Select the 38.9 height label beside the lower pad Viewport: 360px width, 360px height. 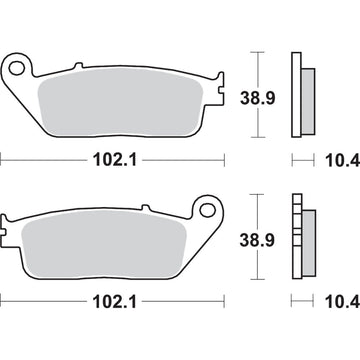pos(260,240)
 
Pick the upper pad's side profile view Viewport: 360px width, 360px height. pos(298,94)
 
